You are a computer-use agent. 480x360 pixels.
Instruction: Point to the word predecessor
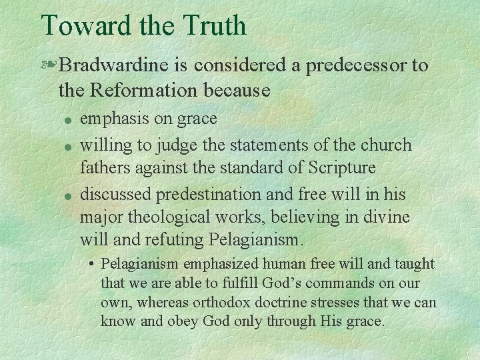[x=343, y=65]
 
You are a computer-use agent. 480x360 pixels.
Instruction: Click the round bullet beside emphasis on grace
[x=67, y=120]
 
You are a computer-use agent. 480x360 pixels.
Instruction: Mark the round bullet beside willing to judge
[x=67, y=145]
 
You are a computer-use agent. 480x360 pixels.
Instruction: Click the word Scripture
[x=339, y=166]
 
